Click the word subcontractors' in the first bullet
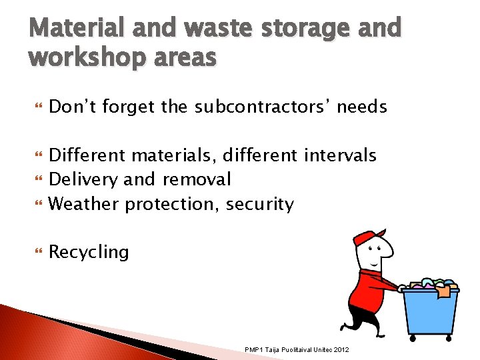(263, 107)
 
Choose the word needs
(362, 107)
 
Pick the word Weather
(85, 204)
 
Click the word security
(259, 204)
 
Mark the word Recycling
(89, 252)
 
